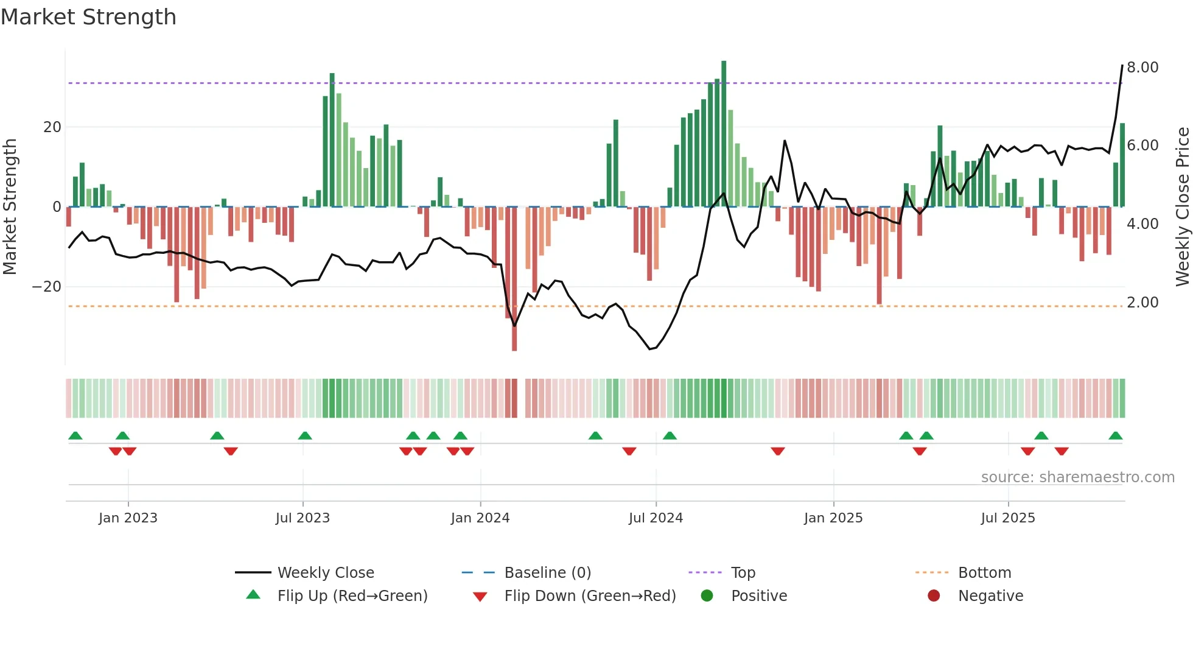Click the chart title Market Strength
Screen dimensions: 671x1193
click(x=88, y=17)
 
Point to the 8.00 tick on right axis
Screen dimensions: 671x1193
click(x=1142, y=68)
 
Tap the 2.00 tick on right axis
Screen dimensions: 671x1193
click(x=1142, y=303)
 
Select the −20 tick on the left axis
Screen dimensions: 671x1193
click(x=47, y=287)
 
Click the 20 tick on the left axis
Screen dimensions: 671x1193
click(x=52, y=127)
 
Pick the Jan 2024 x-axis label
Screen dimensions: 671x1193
click(x=480, y=518)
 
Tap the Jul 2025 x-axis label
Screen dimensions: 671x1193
click(x=1008, y=518)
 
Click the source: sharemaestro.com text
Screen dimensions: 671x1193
click(x=1077, y=477)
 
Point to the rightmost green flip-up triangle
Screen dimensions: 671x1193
click(x=1116, y=436)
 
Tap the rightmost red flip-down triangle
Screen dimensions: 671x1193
click(x=1062, y=451)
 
